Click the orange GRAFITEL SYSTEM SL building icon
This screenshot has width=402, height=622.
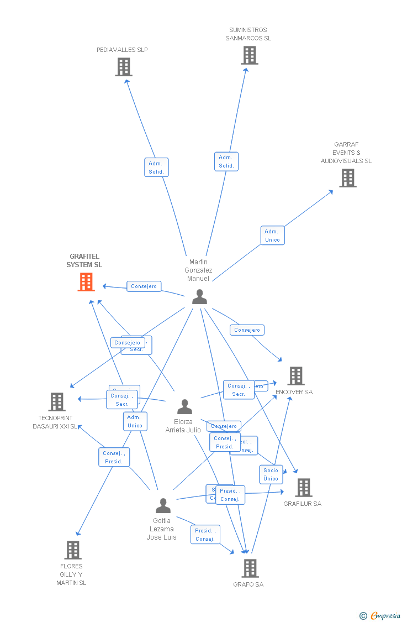click(x=86, y=282)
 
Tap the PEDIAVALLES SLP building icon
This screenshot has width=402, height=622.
click(x=124, y=67)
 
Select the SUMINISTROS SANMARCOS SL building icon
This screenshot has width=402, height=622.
click(x=250, y=55)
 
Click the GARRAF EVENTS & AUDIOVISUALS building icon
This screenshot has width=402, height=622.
click(x=347, y=178)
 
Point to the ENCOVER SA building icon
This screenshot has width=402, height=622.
click(x=296, y=376)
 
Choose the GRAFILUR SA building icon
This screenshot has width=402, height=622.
click(x=303, y=488)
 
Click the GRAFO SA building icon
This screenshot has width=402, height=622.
click(x=250, y=568)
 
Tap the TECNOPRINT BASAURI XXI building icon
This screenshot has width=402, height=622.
click(x=57, y=402)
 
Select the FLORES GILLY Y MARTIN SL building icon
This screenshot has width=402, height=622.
click(x=73, y=550)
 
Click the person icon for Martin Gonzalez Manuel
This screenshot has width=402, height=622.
click(x=199, y=297)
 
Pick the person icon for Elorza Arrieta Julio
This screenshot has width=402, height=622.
click(x=184, y=407)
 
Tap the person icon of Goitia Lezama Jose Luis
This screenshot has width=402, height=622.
click(x=163, y=506)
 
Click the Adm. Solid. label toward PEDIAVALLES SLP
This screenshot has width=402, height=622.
click(x=156, y=167)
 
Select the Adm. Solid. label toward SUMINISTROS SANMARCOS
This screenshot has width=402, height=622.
click(x=226, y=161)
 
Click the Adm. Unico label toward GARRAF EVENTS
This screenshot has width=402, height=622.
click(x=272, y=235)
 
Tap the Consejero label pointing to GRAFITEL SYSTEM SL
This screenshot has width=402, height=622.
click(x=144, y=286)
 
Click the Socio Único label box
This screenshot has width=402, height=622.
click(x=271, y=474)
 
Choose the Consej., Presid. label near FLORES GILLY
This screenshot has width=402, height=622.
click(x=114, y=457)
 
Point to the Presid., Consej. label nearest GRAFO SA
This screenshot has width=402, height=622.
click(x=205, y=535)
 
